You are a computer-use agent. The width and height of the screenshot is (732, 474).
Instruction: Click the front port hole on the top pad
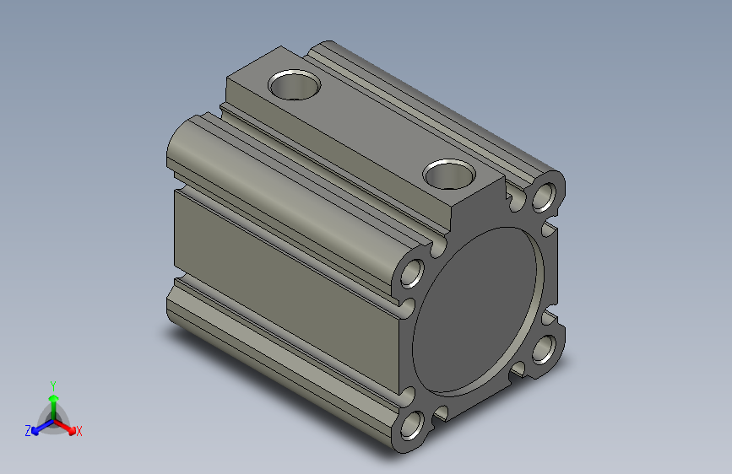pos(448,174)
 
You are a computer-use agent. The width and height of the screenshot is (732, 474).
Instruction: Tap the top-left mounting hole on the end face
pos(414,274)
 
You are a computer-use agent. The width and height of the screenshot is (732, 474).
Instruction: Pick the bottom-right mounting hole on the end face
pos(545,348)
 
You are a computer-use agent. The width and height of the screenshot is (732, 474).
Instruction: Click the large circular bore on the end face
pos(477,310)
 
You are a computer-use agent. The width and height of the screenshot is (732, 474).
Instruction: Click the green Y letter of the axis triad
pos(52,383)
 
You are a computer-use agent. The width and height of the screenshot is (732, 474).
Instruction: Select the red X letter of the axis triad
pos(79,432)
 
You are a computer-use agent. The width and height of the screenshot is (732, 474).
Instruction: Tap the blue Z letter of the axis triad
pos(28,431)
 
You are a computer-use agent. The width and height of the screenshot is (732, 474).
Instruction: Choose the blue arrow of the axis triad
pos(39,426)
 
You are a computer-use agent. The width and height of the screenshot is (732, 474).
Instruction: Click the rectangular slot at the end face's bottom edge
pos(440,412)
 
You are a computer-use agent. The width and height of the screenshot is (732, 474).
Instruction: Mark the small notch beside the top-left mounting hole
pos(436,250)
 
